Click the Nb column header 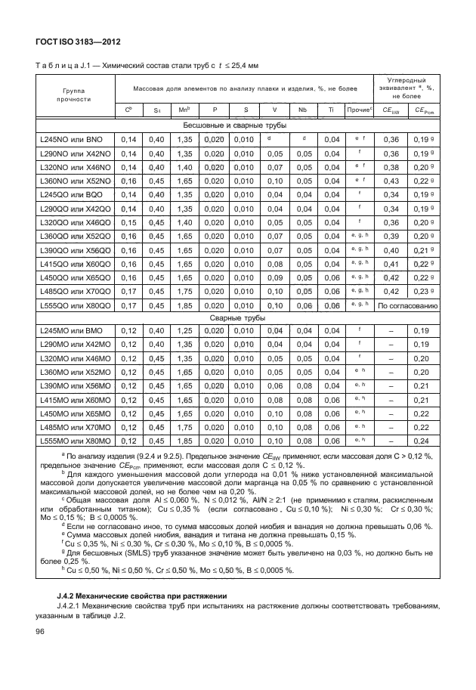coord(302,110)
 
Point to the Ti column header coord(330,110)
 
